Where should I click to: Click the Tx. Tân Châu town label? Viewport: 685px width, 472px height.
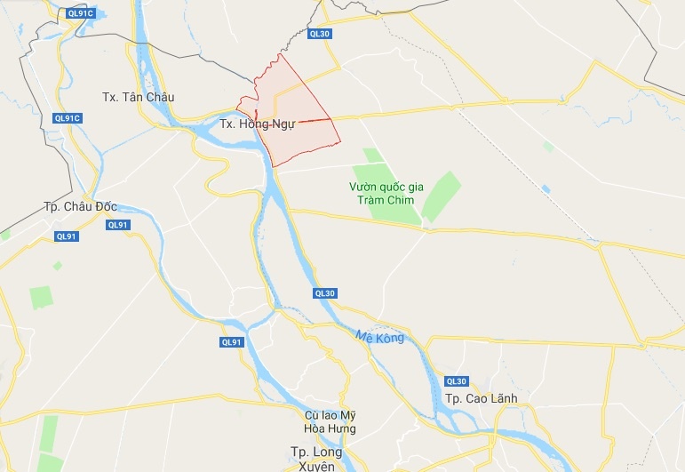[x=138, y=97]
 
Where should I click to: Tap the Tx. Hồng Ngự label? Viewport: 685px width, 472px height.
[x=257, y=124]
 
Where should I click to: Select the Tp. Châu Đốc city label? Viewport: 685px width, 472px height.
[x=80, y=206]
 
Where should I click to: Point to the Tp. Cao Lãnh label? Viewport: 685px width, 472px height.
[x=482, y=397]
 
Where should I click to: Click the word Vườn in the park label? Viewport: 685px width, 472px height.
[x=363, y=187]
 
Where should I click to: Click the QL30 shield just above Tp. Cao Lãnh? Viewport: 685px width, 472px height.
[x=457, y=380]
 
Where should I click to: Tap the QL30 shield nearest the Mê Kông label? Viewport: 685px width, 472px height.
[x=324, y=293]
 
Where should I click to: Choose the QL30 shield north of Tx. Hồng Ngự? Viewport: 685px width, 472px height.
[x=319, y=34]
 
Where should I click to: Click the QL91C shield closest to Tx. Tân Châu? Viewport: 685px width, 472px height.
[x=68, y=118]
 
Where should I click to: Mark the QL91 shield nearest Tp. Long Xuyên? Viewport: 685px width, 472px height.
[x=231, y=342]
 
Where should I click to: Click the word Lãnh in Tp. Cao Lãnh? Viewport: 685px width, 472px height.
[x=501, y=397]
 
